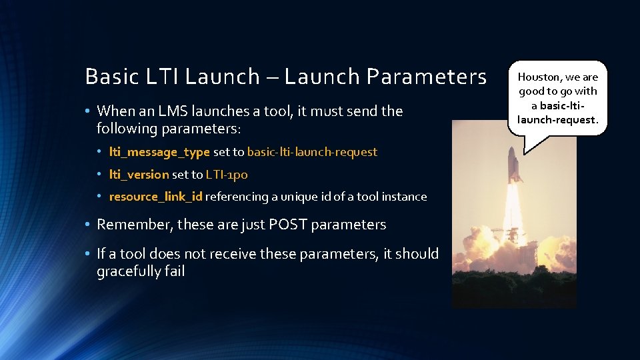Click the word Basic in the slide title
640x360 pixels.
tap(106, 77)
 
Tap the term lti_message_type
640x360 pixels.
tap(159, 152)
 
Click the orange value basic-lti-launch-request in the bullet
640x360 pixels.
tap(312, 152)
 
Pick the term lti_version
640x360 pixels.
tap(139, 175)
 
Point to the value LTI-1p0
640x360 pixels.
tap(227, 175)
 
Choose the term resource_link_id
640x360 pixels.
tap(156, 197)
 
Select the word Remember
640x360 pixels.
tap(133, 225)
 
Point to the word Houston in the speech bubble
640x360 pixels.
tap(541, 77)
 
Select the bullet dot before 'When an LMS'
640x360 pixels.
tap(89, 111)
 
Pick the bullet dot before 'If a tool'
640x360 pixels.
tap(89, 254)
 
